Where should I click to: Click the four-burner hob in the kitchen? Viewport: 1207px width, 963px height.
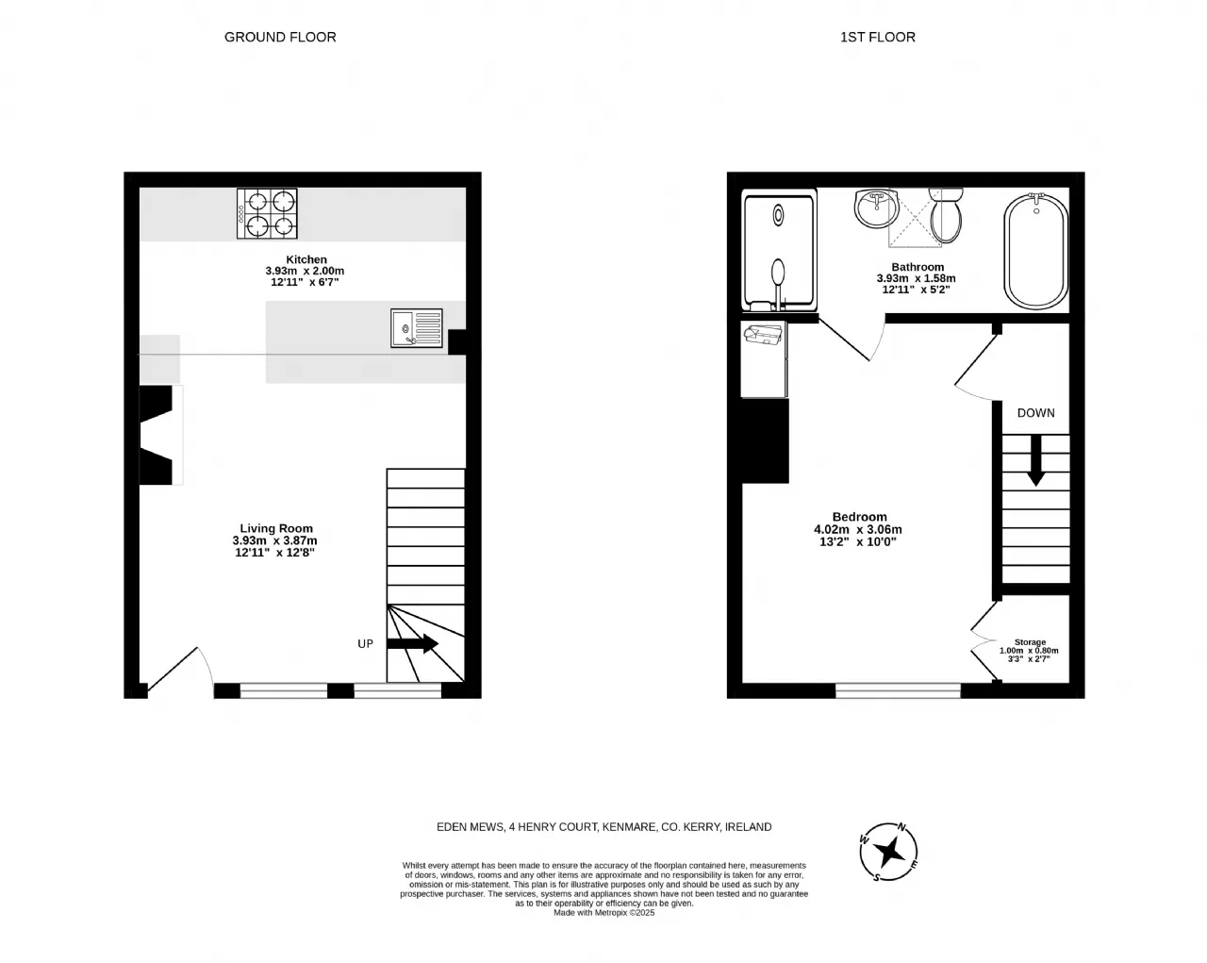click(x=267, y=213)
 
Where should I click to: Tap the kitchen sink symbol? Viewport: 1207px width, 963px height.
click(x=416, y=327)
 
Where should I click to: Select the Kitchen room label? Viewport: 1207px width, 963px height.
click(x=306, y=259)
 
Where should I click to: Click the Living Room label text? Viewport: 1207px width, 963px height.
click(x=276, y=528)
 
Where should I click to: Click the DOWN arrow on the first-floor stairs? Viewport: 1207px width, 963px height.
click(x=1035, y=460)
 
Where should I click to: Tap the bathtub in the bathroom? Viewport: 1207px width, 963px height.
click(x=1036, y=250)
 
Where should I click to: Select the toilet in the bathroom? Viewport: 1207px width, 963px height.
click(x=946, y=215)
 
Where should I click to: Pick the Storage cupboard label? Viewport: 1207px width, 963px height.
click(x=1030, y=642)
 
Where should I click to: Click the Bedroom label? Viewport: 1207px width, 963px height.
click(x=859, y=517)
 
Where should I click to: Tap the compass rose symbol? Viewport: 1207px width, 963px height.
click(x=889, y=852)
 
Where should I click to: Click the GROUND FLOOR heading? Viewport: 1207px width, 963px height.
click(x=280, y=37)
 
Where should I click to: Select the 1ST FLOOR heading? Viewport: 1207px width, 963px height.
click(x=877, y=37)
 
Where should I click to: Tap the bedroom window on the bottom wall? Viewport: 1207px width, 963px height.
click(x=898, y=690)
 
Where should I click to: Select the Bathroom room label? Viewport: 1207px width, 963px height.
click(x=918, y=267)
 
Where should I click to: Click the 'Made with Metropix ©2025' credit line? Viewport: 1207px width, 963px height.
click(x=604, y=912)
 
